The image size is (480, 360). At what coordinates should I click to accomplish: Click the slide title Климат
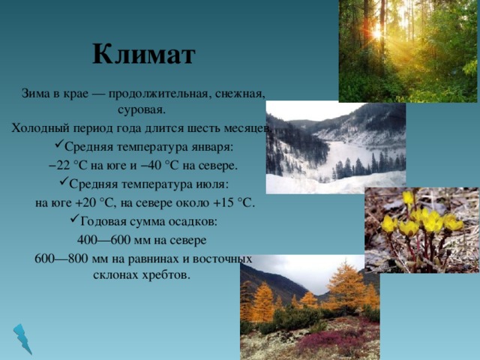(x=144, y=54)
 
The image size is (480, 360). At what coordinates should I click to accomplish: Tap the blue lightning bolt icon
(x=22, y=338)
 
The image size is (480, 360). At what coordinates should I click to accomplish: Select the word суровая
(x=142, y=110)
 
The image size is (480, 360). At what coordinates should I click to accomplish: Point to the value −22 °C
(x=68, y=165)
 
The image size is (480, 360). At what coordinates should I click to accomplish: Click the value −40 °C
(x=159, y=165)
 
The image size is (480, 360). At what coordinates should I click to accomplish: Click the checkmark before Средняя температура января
(x=59, y=143)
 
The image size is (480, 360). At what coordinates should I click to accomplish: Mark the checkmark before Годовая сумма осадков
(x=75, y=218)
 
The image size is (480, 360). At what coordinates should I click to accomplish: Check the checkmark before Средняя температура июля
(x=64, y=181)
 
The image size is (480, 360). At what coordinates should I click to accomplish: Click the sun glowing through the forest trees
(x=377, y=33)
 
